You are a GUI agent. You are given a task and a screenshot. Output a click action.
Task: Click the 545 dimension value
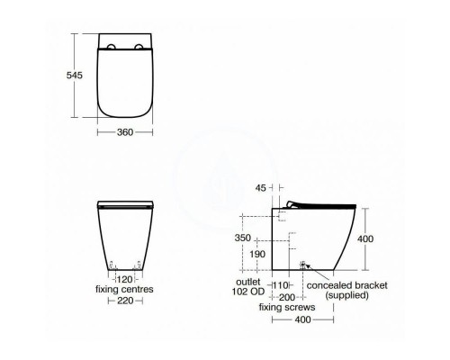(74, 76)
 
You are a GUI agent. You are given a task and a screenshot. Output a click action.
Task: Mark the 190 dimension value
(257, 256)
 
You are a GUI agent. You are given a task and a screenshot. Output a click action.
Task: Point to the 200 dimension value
(288, 296)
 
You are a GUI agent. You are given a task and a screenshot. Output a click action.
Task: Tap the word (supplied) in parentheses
(347, 296)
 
